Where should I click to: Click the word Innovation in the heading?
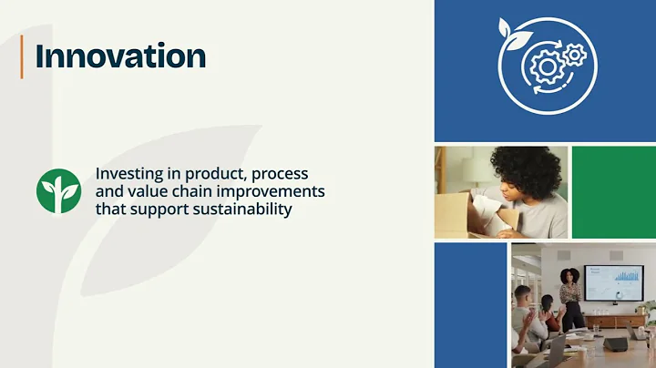click(120, 56)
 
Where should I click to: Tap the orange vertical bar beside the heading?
click(22, 56)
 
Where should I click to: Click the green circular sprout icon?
click(58, 189)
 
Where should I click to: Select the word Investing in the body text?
click(128, 173)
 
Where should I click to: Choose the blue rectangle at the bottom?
click(469, 304)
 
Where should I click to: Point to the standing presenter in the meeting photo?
click(570, 296)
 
